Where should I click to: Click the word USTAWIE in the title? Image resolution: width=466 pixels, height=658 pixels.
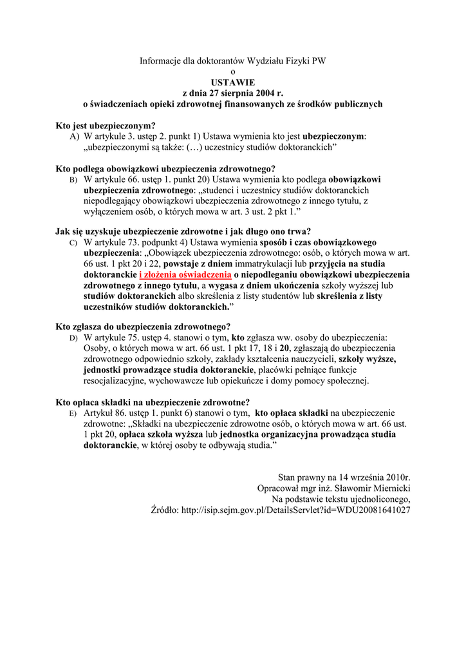tap(233, 82)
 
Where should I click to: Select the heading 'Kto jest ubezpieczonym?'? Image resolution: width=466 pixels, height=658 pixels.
tap(106, 126)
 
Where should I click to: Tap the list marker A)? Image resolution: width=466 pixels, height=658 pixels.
tap(75, 137)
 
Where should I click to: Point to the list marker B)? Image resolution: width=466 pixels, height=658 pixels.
tap(73, 181)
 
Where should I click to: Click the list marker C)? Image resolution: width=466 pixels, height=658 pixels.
tap(73, 243)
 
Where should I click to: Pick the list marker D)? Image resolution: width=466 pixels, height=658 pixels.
tap(73, 337)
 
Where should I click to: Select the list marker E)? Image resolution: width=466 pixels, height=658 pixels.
tap(73, 413)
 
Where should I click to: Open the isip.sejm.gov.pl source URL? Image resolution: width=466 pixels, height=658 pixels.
tap(296, 509)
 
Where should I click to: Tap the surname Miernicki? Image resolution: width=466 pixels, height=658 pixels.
tap(388, 488)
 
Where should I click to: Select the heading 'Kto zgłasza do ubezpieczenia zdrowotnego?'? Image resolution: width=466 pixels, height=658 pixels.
tap(143, 326)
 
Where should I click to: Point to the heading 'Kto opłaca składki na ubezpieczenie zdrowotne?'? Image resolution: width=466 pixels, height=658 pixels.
tap(153, 402)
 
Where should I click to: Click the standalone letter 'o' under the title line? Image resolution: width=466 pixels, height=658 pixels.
tap(233, 71)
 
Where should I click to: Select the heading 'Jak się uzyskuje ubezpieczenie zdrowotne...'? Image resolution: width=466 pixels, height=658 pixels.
tap(183, 232)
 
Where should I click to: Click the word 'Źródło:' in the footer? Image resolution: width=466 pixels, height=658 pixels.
tap(165, 509)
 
